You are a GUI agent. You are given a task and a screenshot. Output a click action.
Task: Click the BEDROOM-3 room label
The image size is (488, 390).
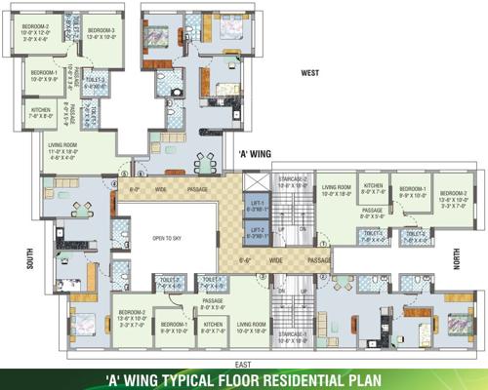pyautogui.click(x=102, y=31)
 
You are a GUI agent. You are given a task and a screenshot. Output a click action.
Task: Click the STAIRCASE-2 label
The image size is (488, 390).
pyautogui.click(x=292, y=181)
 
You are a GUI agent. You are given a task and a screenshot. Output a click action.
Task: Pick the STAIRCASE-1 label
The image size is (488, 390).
pyautogui.click(x=292, y=336)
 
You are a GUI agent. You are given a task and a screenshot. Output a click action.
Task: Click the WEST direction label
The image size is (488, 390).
pyautogui.click(x=311, y=73)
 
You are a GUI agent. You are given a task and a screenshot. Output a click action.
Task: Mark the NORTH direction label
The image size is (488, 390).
pyautogui.click(x=475, y=256)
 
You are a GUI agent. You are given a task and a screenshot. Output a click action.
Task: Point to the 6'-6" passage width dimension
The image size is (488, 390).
pyautogui.click(x=250, y=261)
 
